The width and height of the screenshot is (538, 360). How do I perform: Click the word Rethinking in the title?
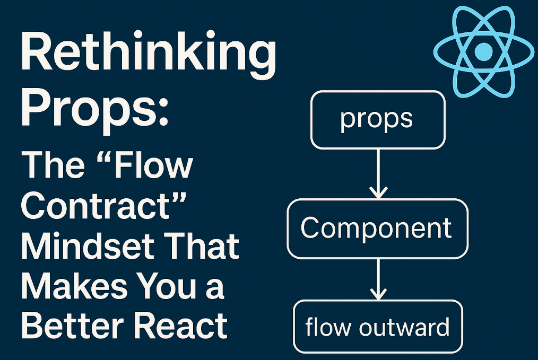148,56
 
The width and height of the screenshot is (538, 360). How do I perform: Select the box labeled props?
377,119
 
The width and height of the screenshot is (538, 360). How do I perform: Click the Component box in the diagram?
377,229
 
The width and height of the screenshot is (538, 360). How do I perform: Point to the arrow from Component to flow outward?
377,278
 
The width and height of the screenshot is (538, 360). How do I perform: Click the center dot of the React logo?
483,51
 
